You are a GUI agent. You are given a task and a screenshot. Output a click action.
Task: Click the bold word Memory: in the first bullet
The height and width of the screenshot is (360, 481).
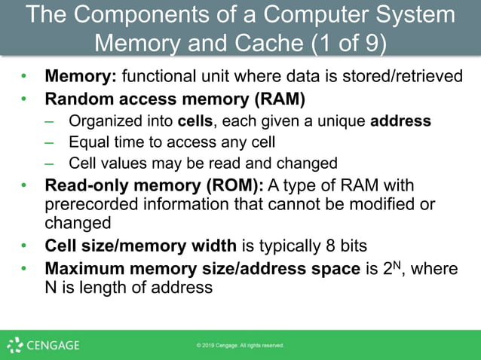[81, 77]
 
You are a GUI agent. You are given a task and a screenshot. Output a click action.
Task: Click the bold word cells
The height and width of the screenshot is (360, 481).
[195, 121]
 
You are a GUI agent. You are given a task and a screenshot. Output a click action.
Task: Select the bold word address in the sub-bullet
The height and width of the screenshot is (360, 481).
[400, 121]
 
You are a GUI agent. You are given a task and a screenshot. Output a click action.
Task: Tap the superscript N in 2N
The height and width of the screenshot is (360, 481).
[391, 264]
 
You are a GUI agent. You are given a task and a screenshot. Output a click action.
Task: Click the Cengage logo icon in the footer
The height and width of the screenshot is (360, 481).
[14, 345]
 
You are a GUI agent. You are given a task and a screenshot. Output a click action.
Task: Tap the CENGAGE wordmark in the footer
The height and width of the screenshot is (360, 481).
[54, 346]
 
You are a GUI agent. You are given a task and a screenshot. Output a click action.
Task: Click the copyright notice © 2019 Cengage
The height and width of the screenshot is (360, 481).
[240, 346]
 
